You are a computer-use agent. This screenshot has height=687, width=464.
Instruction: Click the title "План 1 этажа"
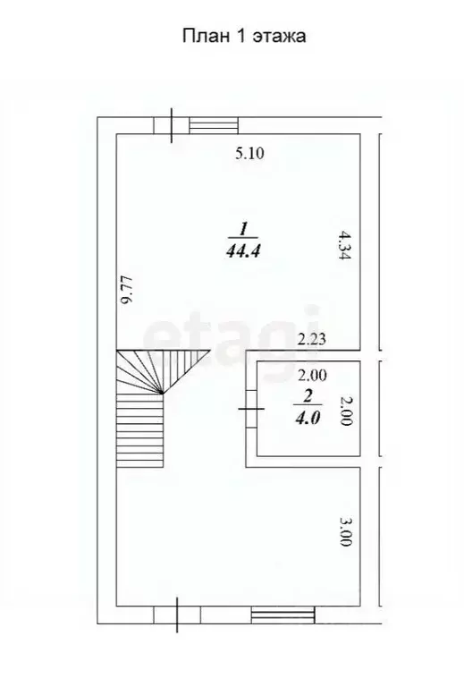coord(244,37)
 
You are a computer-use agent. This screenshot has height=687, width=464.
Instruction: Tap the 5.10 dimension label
coord(250,153)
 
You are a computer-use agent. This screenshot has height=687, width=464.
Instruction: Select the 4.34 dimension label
coord(345,245)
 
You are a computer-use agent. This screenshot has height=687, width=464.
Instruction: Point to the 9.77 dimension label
coord(127,290)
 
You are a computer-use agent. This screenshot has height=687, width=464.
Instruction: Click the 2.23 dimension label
coord(312,339)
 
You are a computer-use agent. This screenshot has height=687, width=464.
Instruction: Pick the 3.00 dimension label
coord(345,532)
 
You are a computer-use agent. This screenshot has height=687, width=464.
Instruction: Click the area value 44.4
coord(243,251)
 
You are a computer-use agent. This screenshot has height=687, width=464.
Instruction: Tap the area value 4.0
coord(308,419)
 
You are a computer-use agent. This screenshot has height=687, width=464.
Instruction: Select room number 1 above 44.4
coord(243,229)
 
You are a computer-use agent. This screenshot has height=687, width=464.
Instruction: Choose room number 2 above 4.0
coord(308,396)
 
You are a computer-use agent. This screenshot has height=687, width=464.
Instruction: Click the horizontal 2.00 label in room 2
coord(312,376)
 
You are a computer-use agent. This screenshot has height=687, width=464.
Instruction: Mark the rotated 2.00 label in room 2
coord(346,411)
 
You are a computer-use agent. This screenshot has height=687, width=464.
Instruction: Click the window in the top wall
coord(214,125)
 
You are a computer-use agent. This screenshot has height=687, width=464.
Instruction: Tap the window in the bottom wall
coord(283,615)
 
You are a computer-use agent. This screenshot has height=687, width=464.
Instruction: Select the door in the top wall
coord(172,126)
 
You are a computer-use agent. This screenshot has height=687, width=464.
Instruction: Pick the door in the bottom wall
coord(177,615)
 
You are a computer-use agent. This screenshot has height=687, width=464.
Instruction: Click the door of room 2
coord(251,409)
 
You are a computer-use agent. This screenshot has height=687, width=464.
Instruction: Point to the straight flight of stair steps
coord(140,430)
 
